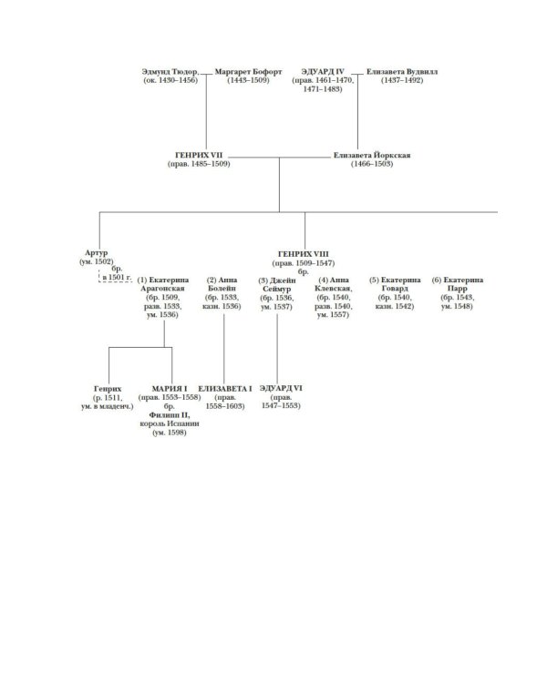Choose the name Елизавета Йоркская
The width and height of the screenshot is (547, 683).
tap(372, 156)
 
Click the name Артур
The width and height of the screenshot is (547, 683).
tap(95, 253)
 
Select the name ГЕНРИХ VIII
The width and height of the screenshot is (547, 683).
tap(302, 253)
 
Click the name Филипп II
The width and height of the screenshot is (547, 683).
tap(170, 415)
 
